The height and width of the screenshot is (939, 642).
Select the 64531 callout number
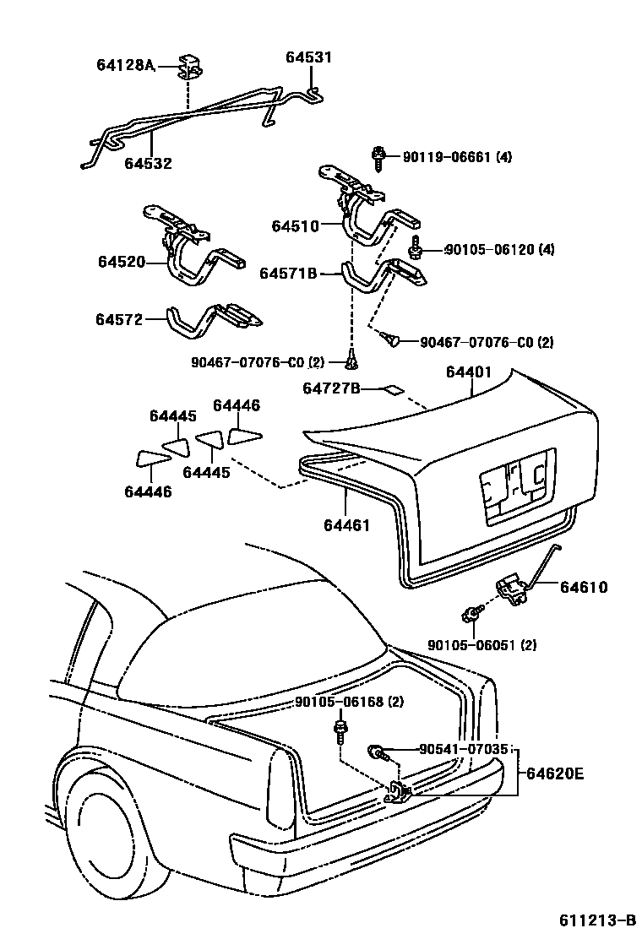(x=308, y=57)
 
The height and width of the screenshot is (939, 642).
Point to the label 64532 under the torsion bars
(x=148, y=163)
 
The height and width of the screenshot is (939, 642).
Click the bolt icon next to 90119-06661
(x=379, y=155)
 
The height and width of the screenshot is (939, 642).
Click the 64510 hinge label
(x=295, y=226)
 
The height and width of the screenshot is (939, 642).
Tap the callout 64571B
(x=287, y=274)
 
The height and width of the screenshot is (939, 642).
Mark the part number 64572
(x=119, y=319)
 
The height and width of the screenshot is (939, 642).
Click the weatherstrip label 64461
(x=346, y=525)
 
